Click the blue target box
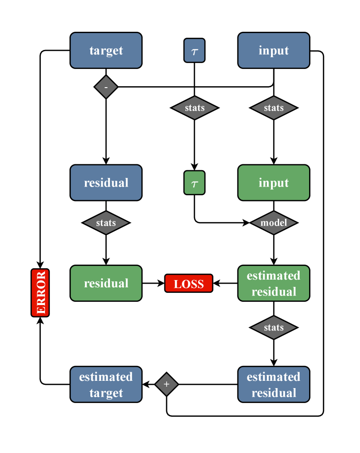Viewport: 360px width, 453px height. [x=106, y=50]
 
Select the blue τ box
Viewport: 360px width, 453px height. [x=194, y=50]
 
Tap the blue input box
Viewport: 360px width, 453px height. [x=274, y=50]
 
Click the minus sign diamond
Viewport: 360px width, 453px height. [x=106, y=87]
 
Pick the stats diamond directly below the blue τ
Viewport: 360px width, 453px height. [x=195, y=108]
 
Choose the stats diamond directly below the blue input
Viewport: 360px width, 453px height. [x=274, y=108]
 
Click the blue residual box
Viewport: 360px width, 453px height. [x=106, y=182]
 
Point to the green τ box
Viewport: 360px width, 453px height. [x=194, y=182]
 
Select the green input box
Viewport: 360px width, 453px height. [x=274, y=182]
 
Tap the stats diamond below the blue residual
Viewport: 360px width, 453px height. [x=106, y=223]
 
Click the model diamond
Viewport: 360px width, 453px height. [x=274, y=223]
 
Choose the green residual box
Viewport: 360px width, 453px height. [x=106, y=283]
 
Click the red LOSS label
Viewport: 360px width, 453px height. [x=188, y=284]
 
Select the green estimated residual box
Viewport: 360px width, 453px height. [x=274, y=283]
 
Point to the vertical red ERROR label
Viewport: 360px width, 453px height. [x=40, y=293]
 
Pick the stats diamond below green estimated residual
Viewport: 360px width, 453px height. [x=274, y=327]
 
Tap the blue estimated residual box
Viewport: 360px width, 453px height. [x=274, y=384]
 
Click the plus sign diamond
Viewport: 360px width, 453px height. [x=167, y=384]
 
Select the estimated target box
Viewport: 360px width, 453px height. [x=106, y=384]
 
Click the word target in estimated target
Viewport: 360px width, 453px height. [x=106, y=393]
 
